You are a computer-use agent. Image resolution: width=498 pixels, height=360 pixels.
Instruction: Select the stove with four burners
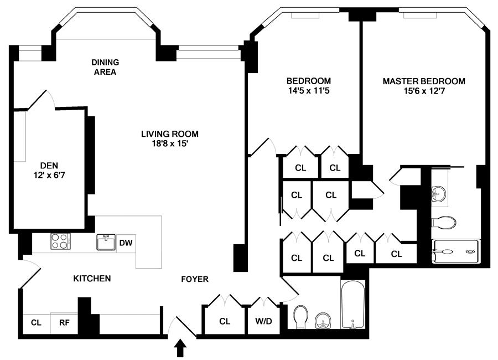pos(61,241)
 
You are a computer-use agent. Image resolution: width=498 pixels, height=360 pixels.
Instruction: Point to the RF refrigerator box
pos(64,322)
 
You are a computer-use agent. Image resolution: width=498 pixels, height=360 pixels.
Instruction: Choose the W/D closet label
pos(260,321)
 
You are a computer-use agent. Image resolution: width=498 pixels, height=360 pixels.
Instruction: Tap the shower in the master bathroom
pos(454,251)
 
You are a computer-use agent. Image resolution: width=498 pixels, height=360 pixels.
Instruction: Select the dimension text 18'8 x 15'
pos(169,143)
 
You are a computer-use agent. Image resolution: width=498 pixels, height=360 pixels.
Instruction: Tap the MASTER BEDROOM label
pos(424,81)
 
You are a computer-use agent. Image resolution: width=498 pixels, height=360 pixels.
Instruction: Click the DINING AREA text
pos(105,67)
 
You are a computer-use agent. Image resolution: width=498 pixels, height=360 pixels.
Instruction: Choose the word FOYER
pos(195,279)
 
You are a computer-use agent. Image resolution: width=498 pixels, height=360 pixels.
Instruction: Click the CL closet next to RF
pos(36,322)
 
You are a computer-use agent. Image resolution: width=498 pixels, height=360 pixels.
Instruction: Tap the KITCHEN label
pos(92,279)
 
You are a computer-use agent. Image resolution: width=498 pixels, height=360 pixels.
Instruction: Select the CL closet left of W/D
pos(225,321)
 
